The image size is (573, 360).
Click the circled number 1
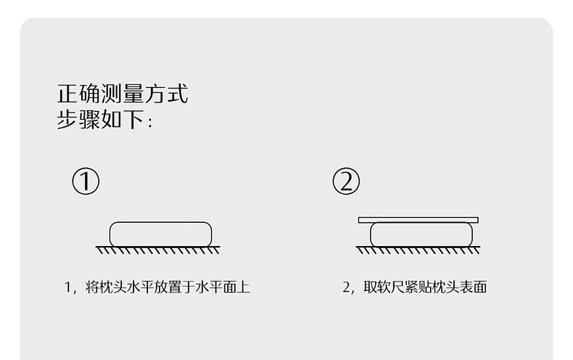click(86, 181)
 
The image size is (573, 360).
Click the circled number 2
click(346, 181)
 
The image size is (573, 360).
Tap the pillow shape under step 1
click(160, 233)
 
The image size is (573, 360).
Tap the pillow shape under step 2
click(421, 234)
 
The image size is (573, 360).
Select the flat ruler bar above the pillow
click(418, 219)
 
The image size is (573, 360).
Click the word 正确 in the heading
click(79, 94)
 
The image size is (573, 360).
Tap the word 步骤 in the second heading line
click(79, 120)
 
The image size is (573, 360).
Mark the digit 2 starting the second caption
click(346, 287)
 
